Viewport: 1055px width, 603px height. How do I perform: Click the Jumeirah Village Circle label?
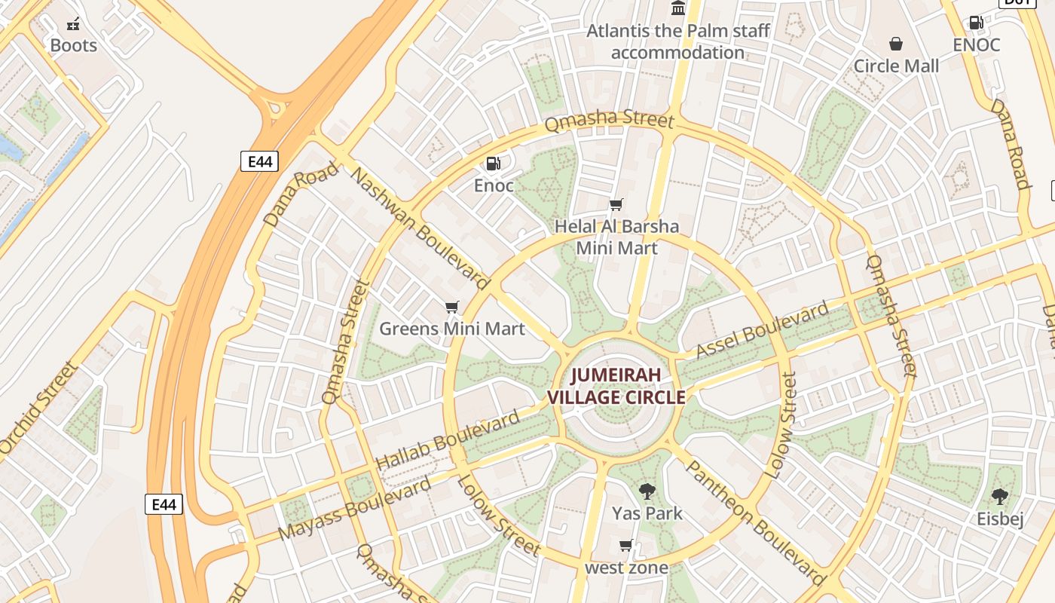click(616, 386)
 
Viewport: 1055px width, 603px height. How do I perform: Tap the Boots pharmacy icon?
click(73, 24)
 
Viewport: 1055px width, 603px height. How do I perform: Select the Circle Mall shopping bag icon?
click(896, 44)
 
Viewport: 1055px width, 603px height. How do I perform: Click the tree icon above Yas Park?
click(647, 492)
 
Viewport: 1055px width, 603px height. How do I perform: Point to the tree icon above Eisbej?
click(1000, 497)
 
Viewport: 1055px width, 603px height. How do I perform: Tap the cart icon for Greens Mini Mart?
click(451, 307)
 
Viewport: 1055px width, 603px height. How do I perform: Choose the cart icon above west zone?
click(625, 546)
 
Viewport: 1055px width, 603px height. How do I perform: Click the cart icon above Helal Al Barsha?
click(616, 204)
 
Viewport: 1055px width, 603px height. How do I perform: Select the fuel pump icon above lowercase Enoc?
click(493, 164)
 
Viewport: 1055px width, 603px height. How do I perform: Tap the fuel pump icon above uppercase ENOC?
click(976, 23)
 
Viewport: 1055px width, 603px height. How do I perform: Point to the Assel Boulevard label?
click(762, 330)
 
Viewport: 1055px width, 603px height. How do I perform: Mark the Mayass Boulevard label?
click(354, 508)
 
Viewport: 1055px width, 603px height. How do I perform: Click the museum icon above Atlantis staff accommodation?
click(678, 8)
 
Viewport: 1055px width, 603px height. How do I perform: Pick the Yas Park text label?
click(647, 513)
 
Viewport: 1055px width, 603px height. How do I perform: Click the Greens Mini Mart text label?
click(451, 329)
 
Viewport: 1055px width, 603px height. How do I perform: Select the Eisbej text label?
click(1000, 519)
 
